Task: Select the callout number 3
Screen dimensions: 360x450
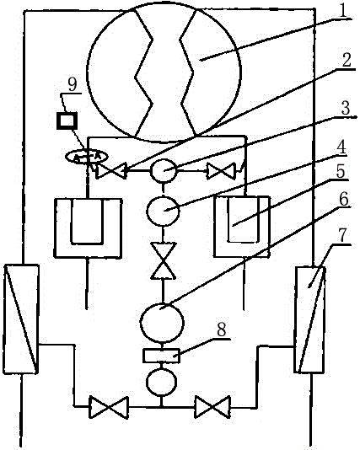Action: [x=346, y=109]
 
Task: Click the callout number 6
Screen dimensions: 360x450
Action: [x=343, y=199]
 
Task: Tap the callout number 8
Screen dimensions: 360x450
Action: [x=221, y=329]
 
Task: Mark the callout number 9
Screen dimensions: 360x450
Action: [x=73, y=84]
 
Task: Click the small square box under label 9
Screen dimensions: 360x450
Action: [x=67, y=121]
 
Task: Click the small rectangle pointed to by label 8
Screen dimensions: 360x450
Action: [x=161, y=356]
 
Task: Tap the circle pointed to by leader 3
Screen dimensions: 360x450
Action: [x=164, y=170]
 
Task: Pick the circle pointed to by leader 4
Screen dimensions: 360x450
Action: [x=163, y=211]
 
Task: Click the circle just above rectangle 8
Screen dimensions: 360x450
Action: [x=162, y=322]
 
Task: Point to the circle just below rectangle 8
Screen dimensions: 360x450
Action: [x=161, y=382]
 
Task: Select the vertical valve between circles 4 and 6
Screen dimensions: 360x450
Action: [x=163, y=260]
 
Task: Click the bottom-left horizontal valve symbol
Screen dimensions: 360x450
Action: [x=109, y=407]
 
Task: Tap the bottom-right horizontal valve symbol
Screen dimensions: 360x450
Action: [x=212, y=407]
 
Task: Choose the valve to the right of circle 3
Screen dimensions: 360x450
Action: [x=222, y=171]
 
